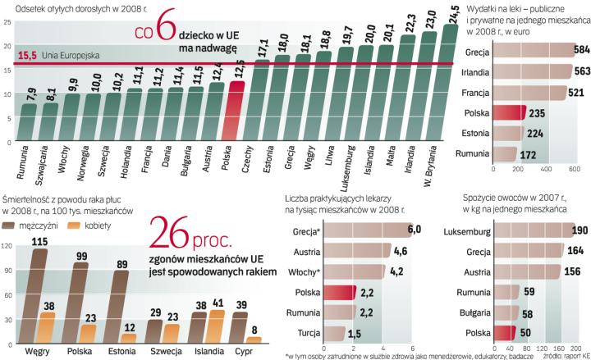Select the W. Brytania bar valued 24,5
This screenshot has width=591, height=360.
pos(450,82)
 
